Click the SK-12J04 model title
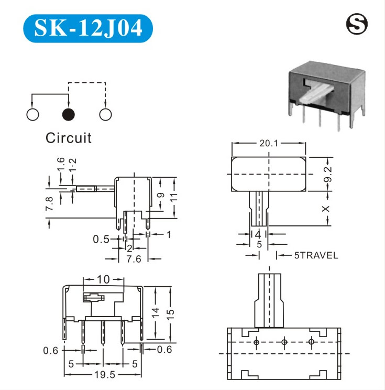pyautogui.click(x=88, y=28)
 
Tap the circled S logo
pyautogui.click(x=357, y=24)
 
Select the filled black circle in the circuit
pyautogui.click(x=68, y=114)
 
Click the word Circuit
pyautogui.click(x=69, y=138)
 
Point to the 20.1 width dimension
pyautogui.click(x=269, y=143)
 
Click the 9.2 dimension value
pyautogui.click(x=328, y=174)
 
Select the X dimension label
pyautogui.click(x=326, y=209)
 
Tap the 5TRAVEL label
pyautogui.click(x=316, y=255)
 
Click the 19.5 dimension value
pyautogui.click(x=105, y=375)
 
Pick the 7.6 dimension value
pyautogui.click(x=134, y=259)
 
